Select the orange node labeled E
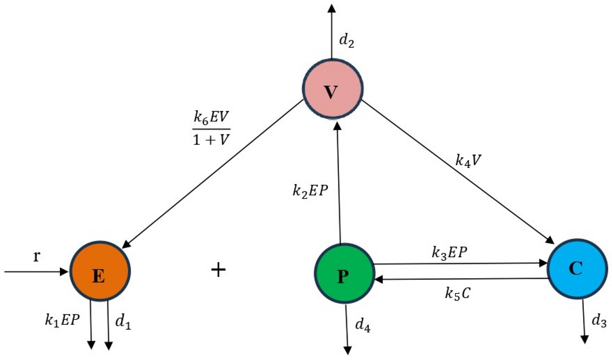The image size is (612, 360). (100, 271)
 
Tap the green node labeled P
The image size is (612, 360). (344, 273)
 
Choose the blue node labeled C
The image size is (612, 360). (577, 269)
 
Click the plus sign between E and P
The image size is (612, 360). (218, 270)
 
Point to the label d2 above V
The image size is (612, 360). (347, 41)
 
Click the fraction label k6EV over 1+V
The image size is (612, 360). (211, 129)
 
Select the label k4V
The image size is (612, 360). (468, 160)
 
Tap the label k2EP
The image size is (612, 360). (310, 191)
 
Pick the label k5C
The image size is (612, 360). (457, 293)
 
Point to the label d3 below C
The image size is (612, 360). (599, 321)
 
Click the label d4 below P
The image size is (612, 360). (363, 325)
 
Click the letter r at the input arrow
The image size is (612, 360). (37, 256)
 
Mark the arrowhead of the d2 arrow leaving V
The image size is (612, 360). (332, 8)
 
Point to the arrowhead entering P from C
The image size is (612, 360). (378, 280)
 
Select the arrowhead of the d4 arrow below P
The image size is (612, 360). (347, 350)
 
